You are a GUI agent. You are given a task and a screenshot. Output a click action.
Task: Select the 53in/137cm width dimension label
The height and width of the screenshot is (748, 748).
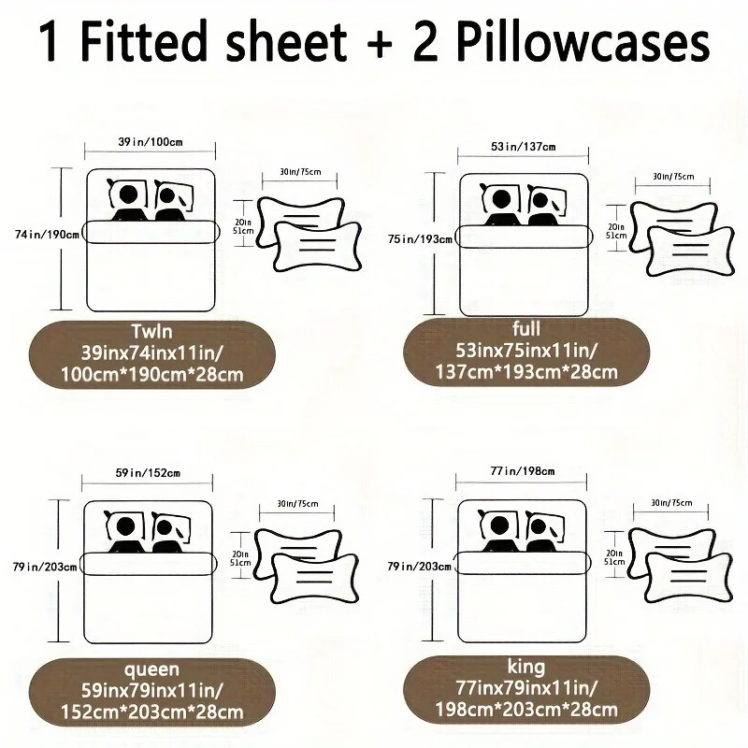click(x=524, y=146)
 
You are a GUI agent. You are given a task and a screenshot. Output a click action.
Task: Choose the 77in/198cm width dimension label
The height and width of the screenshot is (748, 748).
click(x=524, y=471)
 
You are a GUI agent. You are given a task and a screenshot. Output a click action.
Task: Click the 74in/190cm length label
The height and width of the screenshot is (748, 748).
click(x=39, y=234)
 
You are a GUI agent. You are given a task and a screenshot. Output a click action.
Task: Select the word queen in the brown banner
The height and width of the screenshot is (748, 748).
click(x=150, y=669)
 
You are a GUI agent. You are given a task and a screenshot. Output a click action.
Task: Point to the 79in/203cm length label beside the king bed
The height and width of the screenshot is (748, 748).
click(x=419, y=567)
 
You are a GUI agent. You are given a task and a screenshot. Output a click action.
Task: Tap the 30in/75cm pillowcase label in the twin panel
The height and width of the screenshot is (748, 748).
click(x=299, y=172)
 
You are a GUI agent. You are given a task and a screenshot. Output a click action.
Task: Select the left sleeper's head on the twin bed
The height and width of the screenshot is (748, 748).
click(x=129, y=196)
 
